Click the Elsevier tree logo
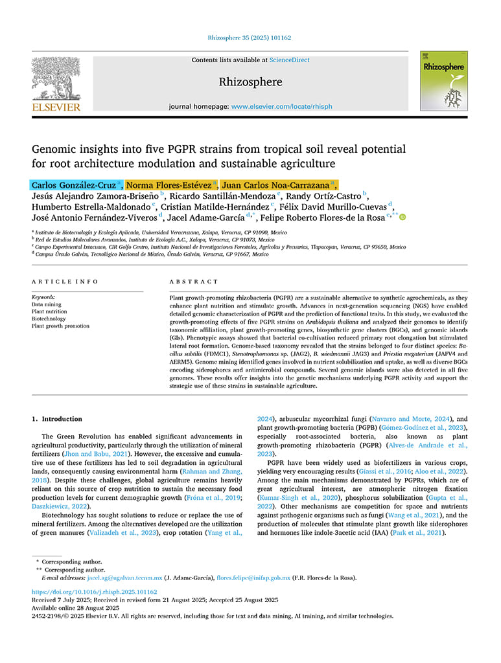click(x=56, y=79)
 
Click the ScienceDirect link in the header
click(x=290, y=60)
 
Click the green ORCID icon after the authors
click(x=402, y=218)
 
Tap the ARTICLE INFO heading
click(x=65, y=282)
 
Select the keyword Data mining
click(x=47, y=304)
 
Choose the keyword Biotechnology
click(x=49, y=319)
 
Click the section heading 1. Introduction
click(x=57, y=419)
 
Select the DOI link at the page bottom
click(x=94, y=592)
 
